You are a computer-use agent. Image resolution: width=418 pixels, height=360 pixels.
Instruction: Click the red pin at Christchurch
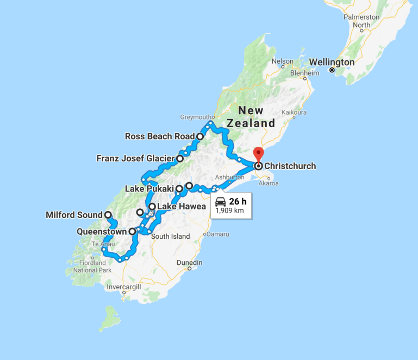(x=259, y=153)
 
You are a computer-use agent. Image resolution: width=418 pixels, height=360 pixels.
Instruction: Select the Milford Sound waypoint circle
(x=108, y=215)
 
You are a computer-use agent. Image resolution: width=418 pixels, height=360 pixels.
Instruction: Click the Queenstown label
(x=102, y=231)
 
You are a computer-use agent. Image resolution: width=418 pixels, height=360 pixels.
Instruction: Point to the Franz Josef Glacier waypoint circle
(x=180, y=159)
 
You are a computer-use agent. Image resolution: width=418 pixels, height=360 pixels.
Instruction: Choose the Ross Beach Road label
(x=156, y=136)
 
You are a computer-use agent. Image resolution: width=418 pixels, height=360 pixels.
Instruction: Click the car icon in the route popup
(x=221, y=202)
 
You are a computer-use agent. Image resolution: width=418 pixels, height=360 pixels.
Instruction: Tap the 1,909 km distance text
(x=229, y=211)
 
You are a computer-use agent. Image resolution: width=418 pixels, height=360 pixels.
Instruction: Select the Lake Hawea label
(x=181, y=207)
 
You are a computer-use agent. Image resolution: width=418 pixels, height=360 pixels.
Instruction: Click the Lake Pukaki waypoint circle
(x=179, y=189)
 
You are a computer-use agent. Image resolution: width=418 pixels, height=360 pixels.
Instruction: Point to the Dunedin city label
(x=189, y=263)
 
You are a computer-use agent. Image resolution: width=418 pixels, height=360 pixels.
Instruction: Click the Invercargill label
(x=124, y=287)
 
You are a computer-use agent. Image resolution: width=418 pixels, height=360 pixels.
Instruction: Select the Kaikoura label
(x=294, y=113)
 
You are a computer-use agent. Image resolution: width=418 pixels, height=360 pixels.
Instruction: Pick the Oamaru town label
(x=217, y=234)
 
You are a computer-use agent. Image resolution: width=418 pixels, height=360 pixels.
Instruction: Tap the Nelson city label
(x=282, y=61)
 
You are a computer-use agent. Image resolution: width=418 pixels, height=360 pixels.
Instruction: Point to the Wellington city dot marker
(x=332, y=70)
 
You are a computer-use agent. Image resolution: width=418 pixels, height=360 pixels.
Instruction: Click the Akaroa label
(x=269, y=183)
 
